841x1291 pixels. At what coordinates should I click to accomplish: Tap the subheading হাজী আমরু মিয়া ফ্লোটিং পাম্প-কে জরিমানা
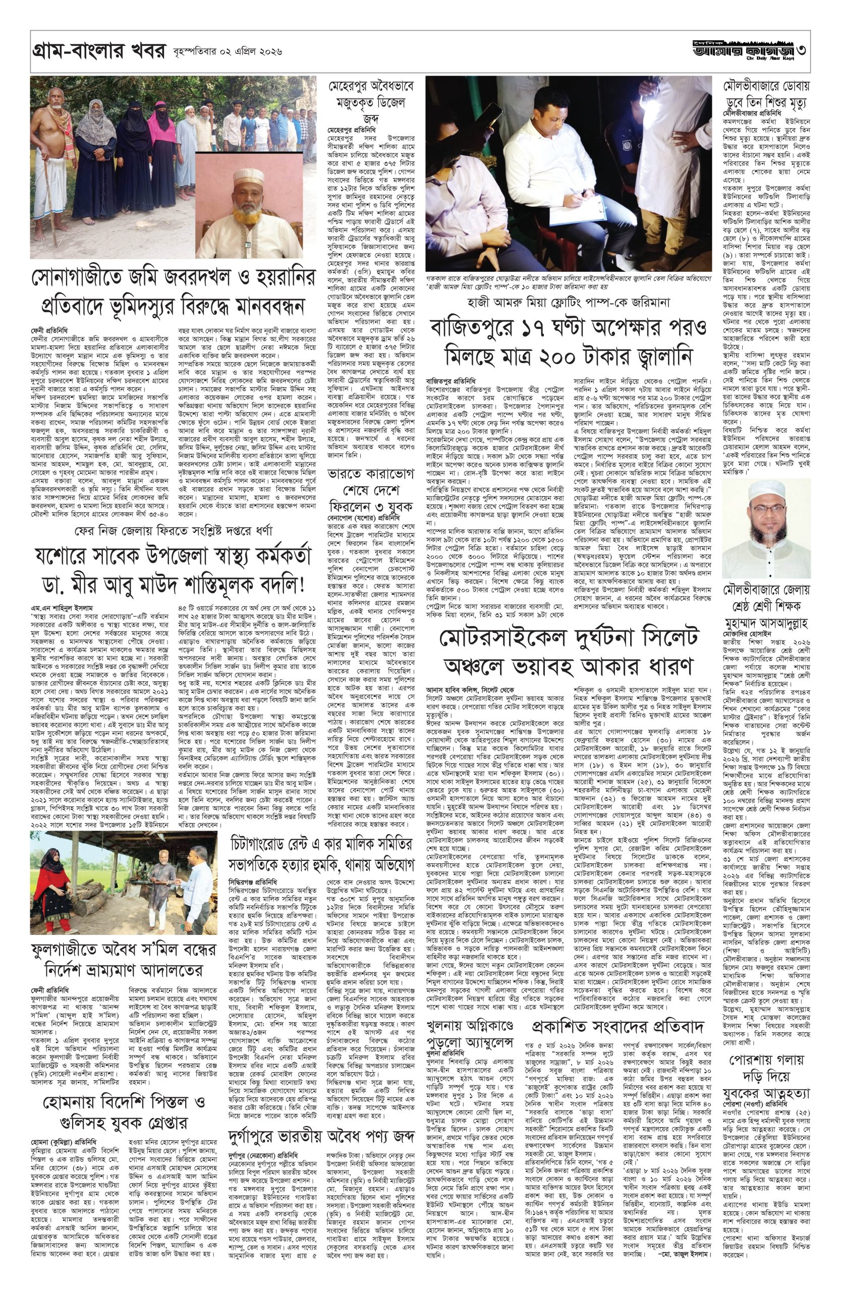point(567,301)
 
